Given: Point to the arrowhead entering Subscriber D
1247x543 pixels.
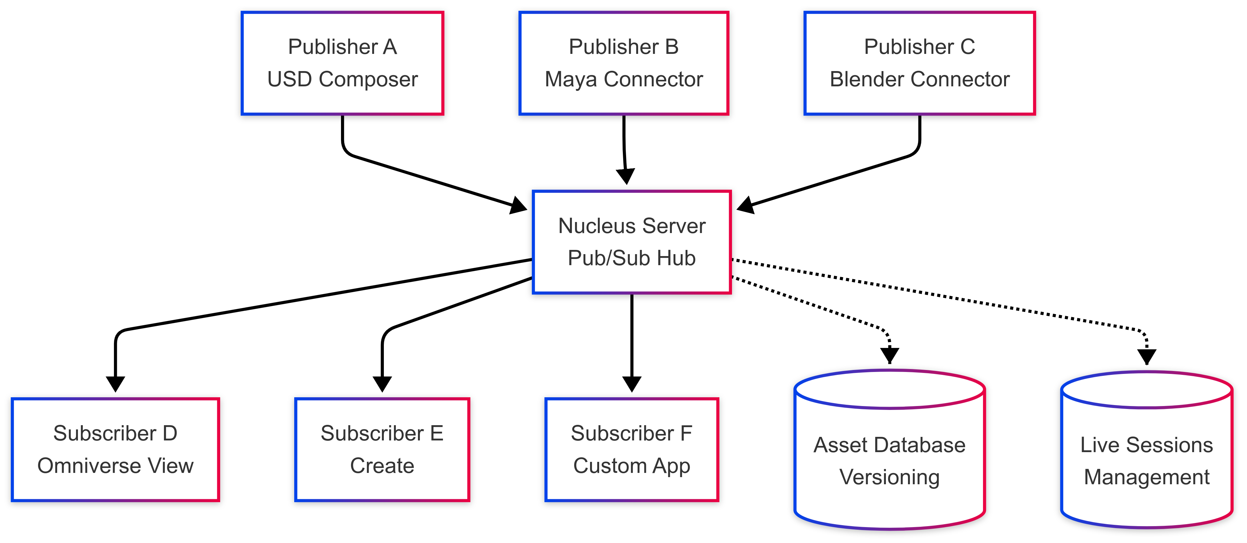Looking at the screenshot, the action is tap(115, 384).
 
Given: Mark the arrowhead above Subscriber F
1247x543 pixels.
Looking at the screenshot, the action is tap(632, 384).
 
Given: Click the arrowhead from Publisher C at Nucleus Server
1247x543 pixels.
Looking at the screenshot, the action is tap(746, 205).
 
